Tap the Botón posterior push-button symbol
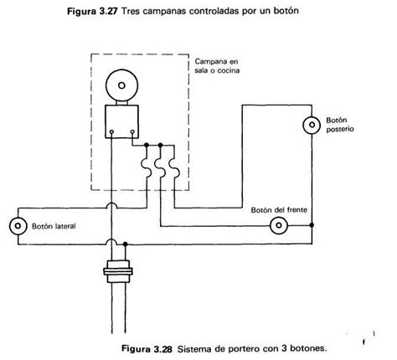point(312,126)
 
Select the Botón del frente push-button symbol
point(279,225)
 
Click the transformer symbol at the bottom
point(117,272)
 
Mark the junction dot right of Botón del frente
point(312,225)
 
